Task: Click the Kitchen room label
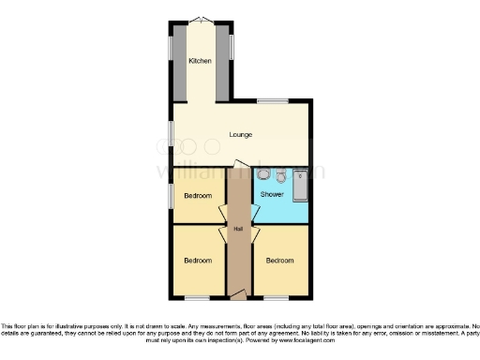click(x=200, y=61)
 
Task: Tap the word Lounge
click(x=241, y=135)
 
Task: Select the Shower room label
click(x=272, y=194)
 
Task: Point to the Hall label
click(x=239, y=229)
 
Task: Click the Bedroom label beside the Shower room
click(x=197, y=196)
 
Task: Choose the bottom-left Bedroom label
click(x=197, y=260)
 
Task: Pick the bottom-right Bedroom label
click(x=278, y=260)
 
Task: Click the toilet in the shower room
click(x=264, y=175)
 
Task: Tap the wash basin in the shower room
click(x=280, y=175)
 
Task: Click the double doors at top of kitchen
click(x=201, y=20)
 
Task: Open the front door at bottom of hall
click(x=238, y=295)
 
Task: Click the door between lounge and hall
click(x=239, y=166)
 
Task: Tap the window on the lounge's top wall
click(x=273, y=100)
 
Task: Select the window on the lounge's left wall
click(x=171, y=134)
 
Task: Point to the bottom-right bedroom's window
click(x=277, y=299)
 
